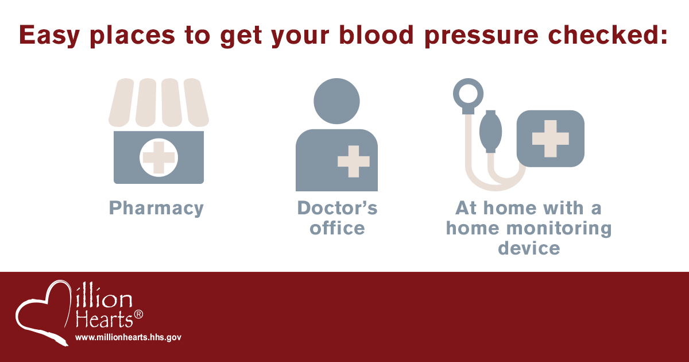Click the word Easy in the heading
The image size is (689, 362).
(49, 36)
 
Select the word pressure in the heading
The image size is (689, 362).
(481, 36)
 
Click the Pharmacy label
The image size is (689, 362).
(156, 209)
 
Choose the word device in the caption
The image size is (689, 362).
(529, 248)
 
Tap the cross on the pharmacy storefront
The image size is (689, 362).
(158, 157)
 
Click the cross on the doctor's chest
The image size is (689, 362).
(354, 161)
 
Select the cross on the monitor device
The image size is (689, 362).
(550, 138)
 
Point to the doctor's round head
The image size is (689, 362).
(336, 101)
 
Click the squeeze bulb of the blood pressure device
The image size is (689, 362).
(490, 132)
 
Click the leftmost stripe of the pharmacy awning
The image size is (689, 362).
(121, 102)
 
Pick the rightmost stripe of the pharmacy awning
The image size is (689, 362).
(196, 102)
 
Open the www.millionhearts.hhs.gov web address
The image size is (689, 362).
(128, 337)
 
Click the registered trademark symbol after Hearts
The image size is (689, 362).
(138, 314)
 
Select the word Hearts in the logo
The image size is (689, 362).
(104, 319)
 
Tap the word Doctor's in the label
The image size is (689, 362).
(337, 208)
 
